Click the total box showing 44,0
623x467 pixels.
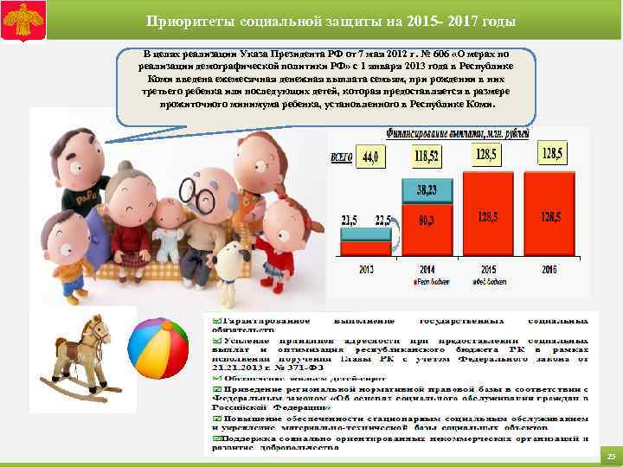click(x=372, y=157)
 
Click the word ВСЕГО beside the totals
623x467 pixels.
click(x=343, y=158)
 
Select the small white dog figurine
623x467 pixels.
click(x=231, y=259)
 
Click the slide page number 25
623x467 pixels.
click(x=610, y=456)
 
